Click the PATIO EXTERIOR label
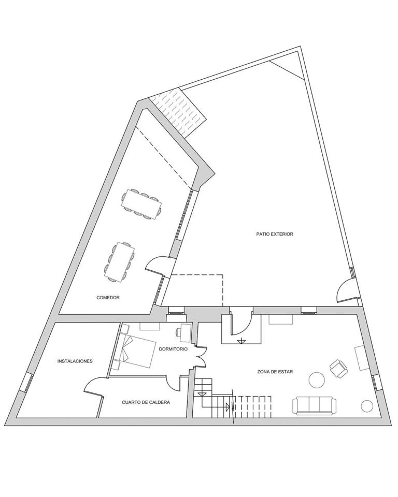(x=275, y=234)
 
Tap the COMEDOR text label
(x=108, y=298)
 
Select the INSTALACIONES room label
(x=75, y=361)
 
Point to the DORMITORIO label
(x=173, y=349)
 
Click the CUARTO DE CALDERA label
(x=146, y=402)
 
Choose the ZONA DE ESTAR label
(x=275, y=372)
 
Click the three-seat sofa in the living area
(x=314, y=405)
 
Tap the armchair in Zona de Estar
(x=338, y=368)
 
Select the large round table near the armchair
(x=317, y=380)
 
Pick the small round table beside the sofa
(x=367, y=406)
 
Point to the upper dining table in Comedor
(x=141, y=204)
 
